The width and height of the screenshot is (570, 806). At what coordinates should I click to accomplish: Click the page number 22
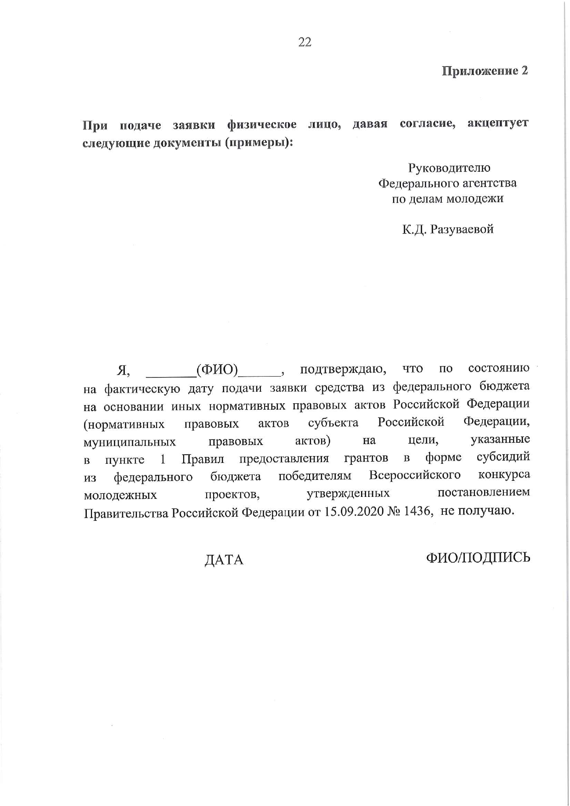(x=305, y=42)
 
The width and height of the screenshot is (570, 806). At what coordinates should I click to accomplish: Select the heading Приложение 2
(x=485, y=71)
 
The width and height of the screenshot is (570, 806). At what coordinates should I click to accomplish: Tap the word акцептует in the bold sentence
(x=497, y=124)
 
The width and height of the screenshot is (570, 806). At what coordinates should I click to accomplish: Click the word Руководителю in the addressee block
(x=449, y=168)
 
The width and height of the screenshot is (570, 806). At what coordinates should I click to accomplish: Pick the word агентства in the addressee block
(x=489, y=183)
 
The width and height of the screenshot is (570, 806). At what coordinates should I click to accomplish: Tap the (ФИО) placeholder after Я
(x=217, y=369)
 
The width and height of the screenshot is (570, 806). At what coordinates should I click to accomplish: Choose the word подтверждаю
(x=343, y=369)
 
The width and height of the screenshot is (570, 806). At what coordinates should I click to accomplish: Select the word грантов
(x=366, y=458)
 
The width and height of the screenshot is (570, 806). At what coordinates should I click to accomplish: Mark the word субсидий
(x=503, y=457)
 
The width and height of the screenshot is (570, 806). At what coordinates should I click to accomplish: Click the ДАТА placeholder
(x=224, y=560)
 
